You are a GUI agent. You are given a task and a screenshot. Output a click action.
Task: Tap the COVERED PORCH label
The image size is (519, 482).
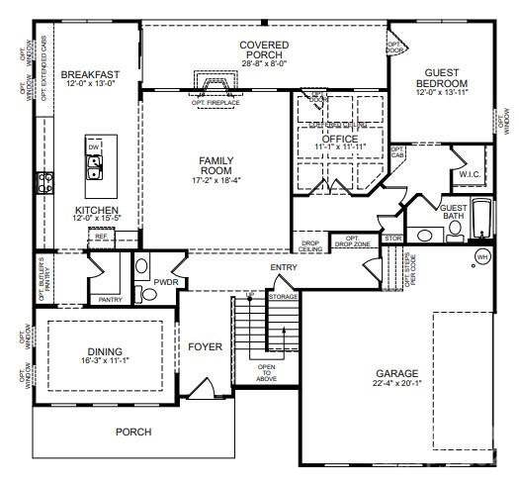point(263,47)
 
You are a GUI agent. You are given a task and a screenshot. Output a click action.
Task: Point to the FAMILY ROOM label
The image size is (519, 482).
point(216,164)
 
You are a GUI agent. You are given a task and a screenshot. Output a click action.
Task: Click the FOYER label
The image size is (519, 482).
point(206,346)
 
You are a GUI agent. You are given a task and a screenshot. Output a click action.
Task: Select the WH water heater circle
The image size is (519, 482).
point(482,256)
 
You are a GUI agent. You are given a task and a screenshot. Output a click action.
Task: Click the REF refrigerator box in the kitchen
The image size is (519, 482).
point(101,237)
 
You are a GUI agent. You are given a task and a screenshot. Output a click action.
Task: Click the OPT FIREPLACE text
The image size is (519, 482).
point(216,101)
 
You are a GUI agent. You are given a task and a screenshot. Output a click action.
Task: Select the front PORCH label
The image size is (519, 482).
point(132,432)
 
